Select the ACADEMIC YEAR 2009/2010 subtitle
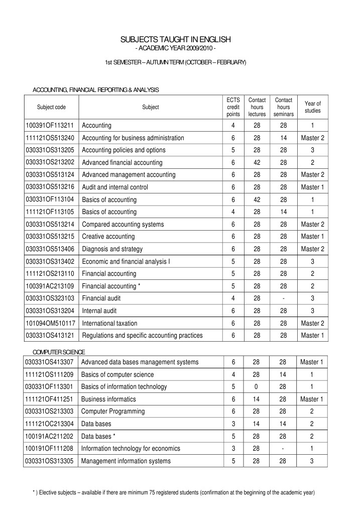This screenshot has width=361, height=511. pos(175,48)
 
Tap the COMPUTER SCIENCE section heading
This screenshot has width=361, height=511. pos(59,351)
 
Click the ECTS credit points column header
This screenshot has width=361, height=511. pos(233,107)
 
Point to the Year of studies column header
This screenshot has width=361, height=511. pos(312,107)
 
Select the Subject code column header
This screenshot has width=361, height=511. pos(51,107)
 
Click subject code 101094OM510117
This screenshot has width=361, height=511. pos(50,323)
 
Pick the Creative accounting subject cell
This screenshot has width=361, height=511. pos(108,236)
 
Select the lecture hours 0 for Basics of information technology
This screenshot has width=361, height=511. pos(257,386)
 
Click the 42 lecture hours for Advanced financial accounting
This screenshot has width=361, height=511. pos(257,162)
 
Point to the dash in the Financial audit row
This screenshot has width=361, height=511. pos(284,298)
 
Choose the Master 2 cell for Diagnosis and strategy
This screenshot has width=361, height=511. pos(312,249)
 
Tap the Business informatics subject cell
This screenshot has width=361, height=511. pos(108,399)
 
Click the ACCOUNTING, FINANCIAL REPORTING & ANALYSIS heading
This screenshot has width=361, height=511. pos(95,89)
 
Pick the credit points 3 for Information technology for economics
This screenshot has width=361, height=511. pos(233,448)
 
